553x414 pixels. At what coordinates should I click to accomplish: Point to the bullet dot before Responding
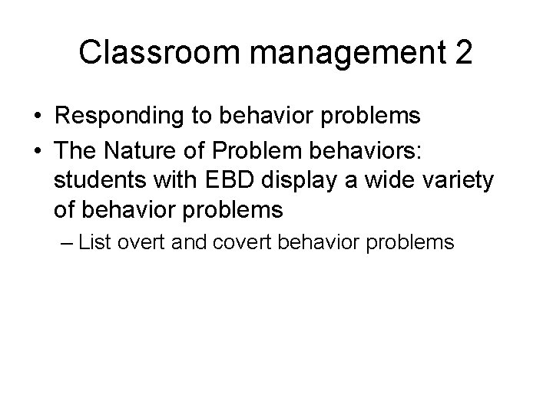[x=38, y=117]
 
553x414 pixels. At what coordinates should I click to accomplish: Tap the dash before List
[x=65, y=243]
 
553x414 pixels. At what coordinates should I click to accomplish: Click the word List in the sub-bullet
[x=94, y=243]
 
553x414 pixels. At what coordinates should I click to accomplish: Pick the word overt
[x=142, y=243]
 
